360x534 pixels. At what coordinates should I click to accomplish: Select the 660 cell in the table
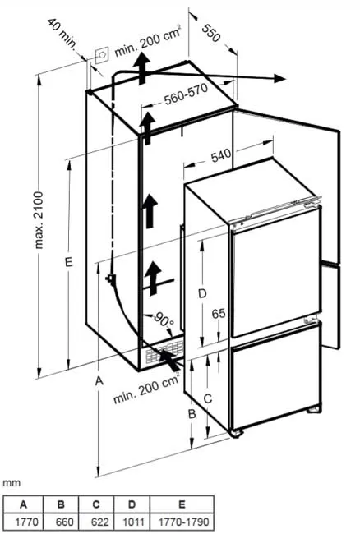[x=61, y=522]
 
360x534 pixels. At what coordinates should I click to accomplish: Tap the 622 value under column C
[x=97, y=522]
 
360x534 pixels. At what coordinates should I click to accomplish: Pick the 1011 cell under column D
[x=132, y=522]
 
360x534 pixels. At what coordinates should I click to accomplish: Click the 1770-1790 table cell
[x=182, y=522]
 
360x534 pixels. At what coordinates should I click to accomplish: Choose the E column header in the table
[x=182, y=504]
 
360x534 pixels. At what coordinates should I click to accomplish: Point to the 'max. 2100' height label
[x=39, y=220]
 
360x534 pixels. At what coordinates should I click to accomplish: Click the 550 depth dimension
[x=211, y=33]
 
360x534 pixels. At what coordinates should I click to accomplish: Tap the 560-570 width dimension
[x=186, y=94]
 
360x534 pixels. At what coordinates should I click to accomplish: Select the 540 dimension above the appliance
[x=221, y=155]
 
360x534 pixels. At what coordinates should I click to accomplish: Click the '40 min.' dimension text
[x=62, y=34]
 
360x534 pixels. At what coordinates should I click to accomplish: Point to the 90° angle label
[x=164, y=320]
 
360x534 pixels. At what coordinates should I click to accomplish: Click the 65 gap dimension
[x=219, y=313]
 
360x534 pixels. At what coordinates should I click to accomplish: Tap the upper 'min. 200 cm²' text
[x=148, y=40]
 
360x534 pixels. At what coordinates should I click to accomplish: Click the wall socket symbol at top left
[x=102, y=55]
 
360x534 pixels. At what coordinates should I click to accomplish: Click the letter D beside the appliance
[x=202, y=293]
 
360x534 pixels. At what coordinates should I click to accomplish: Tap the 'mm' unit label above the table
[x=12, y=483]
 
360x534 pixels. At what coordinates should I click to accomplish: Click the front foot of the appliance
[x=237, y=434]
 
